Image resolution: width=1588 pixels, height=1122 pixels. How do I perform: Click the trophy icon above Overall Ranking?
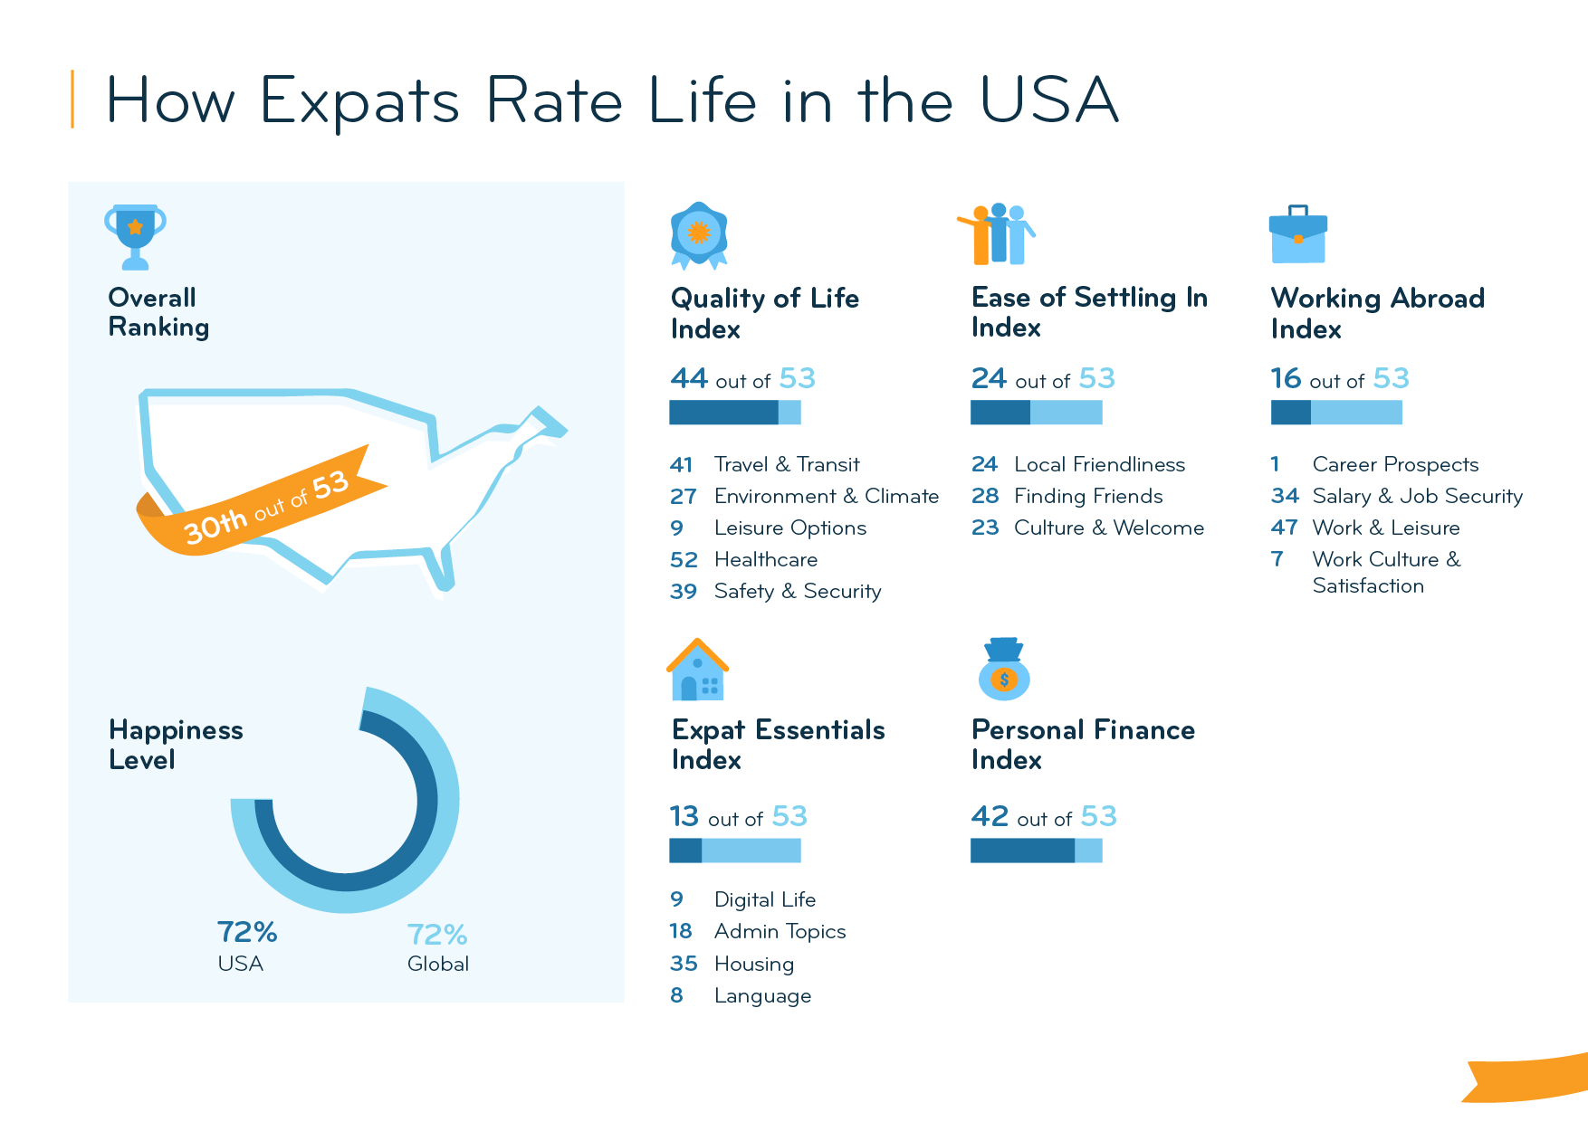135,235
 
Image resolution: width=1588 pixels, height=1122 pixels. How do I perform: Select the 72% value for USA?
246,932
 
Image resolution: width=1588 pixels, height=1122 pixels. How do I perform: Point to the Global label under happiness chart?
437,964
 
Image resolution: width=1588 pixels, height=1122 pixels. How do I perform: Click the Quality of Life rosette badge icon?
699,234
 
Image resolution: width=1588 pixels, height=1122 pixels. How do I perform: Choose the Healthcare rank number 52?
684,560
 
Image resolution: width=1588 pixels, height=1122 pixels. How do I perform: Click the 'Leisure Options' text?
789,528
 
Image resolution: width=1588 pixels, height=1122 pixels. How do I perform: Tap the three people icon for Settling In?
997,233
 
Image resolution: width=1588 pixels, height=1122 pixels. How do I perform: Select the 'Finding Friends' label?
1087,496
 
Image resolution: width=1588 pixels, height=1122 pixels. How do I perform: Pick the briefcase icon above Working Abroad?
1297,234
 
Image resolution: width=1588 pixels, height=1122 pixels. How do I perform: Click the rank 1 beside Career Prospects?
1276,464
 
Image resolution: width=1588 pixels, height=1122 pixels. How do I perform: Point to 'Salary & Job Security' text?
1417,496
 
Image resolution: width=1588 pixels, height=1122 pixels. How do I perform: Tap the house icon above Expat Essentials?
697,670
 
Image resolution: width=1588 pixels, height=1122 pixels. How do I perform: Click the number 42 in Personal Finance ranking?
990,816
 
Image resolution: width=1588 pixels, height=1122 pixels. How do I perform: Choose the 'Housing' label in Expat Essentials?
753,964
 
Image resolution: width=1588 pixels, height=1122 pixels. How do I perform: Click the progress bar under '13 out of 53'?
734,851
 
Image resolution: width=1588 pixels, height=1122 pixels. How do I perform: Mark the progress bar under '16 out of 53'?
1336,413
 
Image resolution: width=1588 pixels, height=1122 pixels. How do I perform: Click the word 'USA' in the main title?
1049,100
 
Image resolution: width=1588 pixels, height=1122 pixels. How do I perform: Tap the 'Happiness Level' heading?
176,745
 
